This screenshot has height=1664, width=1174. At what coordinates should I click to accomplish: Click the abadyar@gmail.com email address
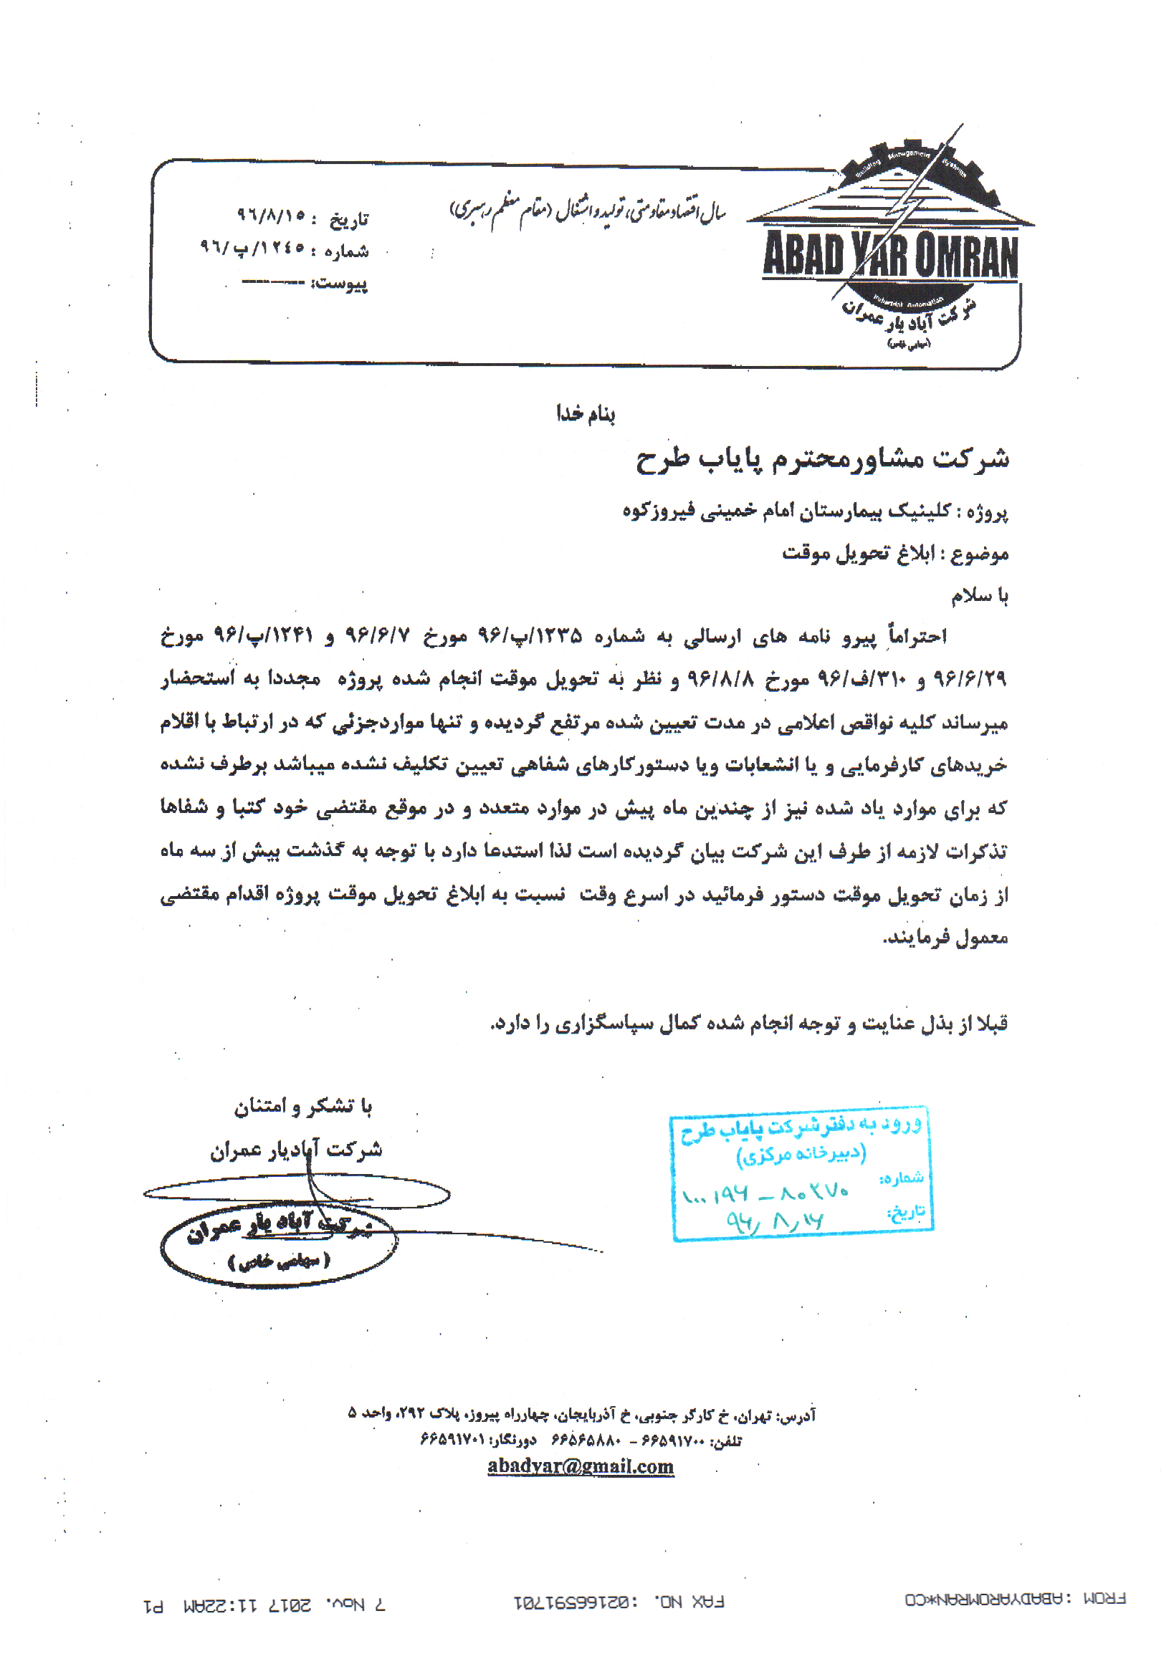pos(580,1466)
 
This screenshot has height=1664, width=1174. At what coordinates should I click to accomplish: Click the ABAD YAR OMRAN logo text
pos(889,255)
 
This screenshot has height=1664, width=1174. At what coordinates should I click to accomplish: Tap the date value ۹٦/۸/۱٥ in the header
pos(271,214)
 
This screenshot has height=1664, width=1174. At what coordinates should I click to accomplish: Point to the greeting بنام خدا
pos(585,414)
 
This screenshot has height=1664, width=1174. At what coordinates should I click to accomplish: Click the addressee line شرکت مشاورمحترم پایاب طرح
pos(821,458)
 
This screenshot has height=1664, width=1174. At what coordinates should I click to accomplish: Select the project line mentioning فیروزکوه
pos(814,511)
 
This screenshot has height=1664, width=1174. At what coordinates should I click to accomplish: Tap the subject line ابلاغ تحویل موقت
pos(894,553)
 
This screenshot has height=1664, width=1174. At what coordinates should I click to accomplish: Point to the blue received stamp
pos(801,1173)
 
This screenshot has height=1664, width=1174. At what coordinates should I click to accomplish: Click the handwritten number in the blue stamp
pos(765,1193)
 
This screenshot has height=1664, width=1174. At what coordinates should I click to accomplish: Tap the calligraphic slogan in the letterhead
pos(588,210)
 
